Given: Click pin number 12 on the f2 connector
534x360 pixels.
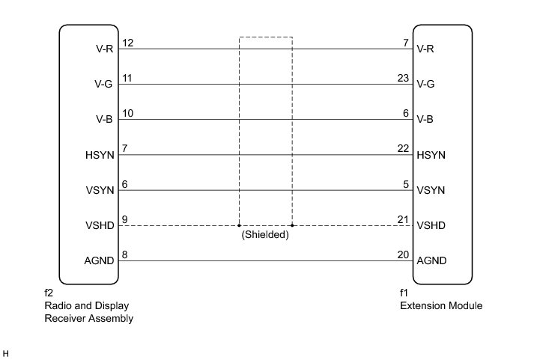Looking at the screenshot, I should click(127, 43).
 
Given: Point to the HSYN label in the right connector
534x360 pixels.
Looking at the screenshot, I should click(431, 155).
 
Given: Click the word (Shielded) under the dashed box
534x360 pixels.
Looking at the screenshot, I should click(265, 234).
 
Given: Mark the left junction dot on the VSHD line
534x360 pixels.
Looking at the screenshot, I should click(239, 225).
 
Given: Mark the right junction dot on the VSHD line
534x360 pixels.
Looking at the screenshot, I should click(292, 225).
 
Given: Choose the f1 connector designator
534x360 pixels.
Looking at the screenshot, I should click(404, 293).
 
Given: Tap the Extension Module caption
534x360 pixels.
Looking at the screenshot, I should click(440, 305).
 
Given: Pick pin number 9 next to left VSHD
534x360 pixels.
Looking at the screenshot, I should click(124, 219).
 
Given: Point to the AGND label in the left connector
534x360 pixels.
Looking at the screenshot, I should click(100, 261).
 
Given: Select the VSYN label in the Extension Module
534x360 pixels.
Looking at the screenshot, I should click(431, 190).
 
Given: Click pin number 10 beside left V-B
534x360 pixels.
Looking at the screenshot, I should click(127, 113).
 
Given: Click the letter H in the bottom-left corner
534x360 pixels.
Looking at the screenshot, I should click(6, 353).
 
